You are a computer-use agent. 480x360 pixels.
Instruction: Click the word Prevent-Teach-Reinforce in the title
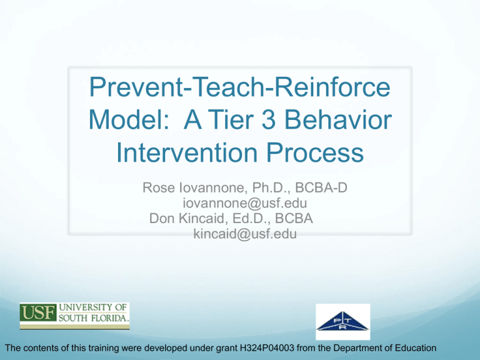239,92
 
